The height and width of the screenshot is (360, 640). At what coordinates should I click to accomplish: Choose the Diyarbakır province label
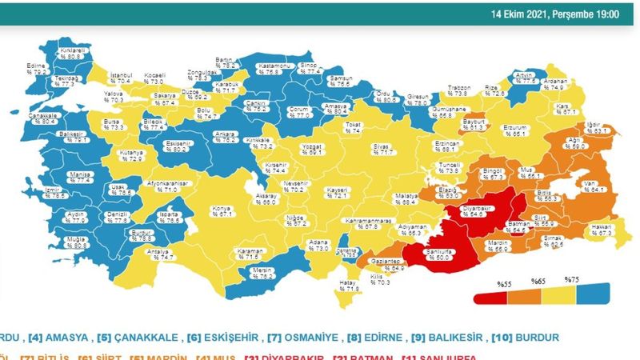coord(475,210)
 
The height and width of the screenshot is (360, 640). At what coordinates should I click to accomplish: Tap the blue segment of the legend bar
coord(592,294)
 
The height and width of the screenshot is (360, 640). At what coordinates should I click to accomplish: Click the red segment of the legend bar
coord(490,298)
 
